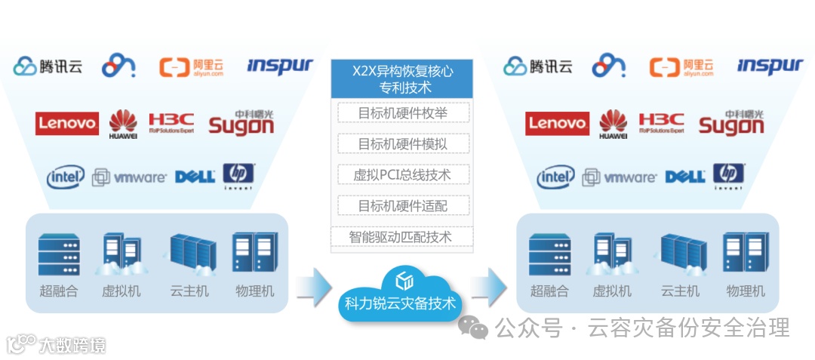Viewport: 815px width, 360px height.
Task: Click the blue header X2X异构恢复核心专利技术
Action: pyautogui.click(x=402, y=79)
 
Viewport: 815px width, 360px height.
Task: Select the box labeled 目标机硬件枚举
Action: pyautogui.click(x=403, y=113)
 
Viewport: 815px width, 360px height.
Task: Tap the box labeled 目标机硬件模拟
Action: pyautogui.click(x=403, y=144)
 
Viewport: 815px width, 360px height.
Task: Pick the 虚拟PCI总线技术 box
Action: pyautogui.click(x=403, y=175)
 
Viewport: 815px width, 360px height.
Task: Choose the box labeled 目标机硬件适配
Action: pyautogui.click(x=403, y=205)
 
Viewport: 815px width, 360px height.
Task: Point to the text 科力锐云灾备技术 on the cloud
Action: pyautogui.click(x=400, y=304)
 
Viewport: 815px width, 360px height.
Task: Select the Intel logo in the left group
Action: pyautogui.click(x=66, y=178)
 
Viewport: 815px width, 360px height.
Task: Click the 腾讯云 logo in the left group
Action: pyautogui.click(x=48, y=66)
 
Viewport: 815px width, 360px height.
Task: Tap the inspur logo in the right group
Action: pyautogui.click(x=770, y=66)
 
